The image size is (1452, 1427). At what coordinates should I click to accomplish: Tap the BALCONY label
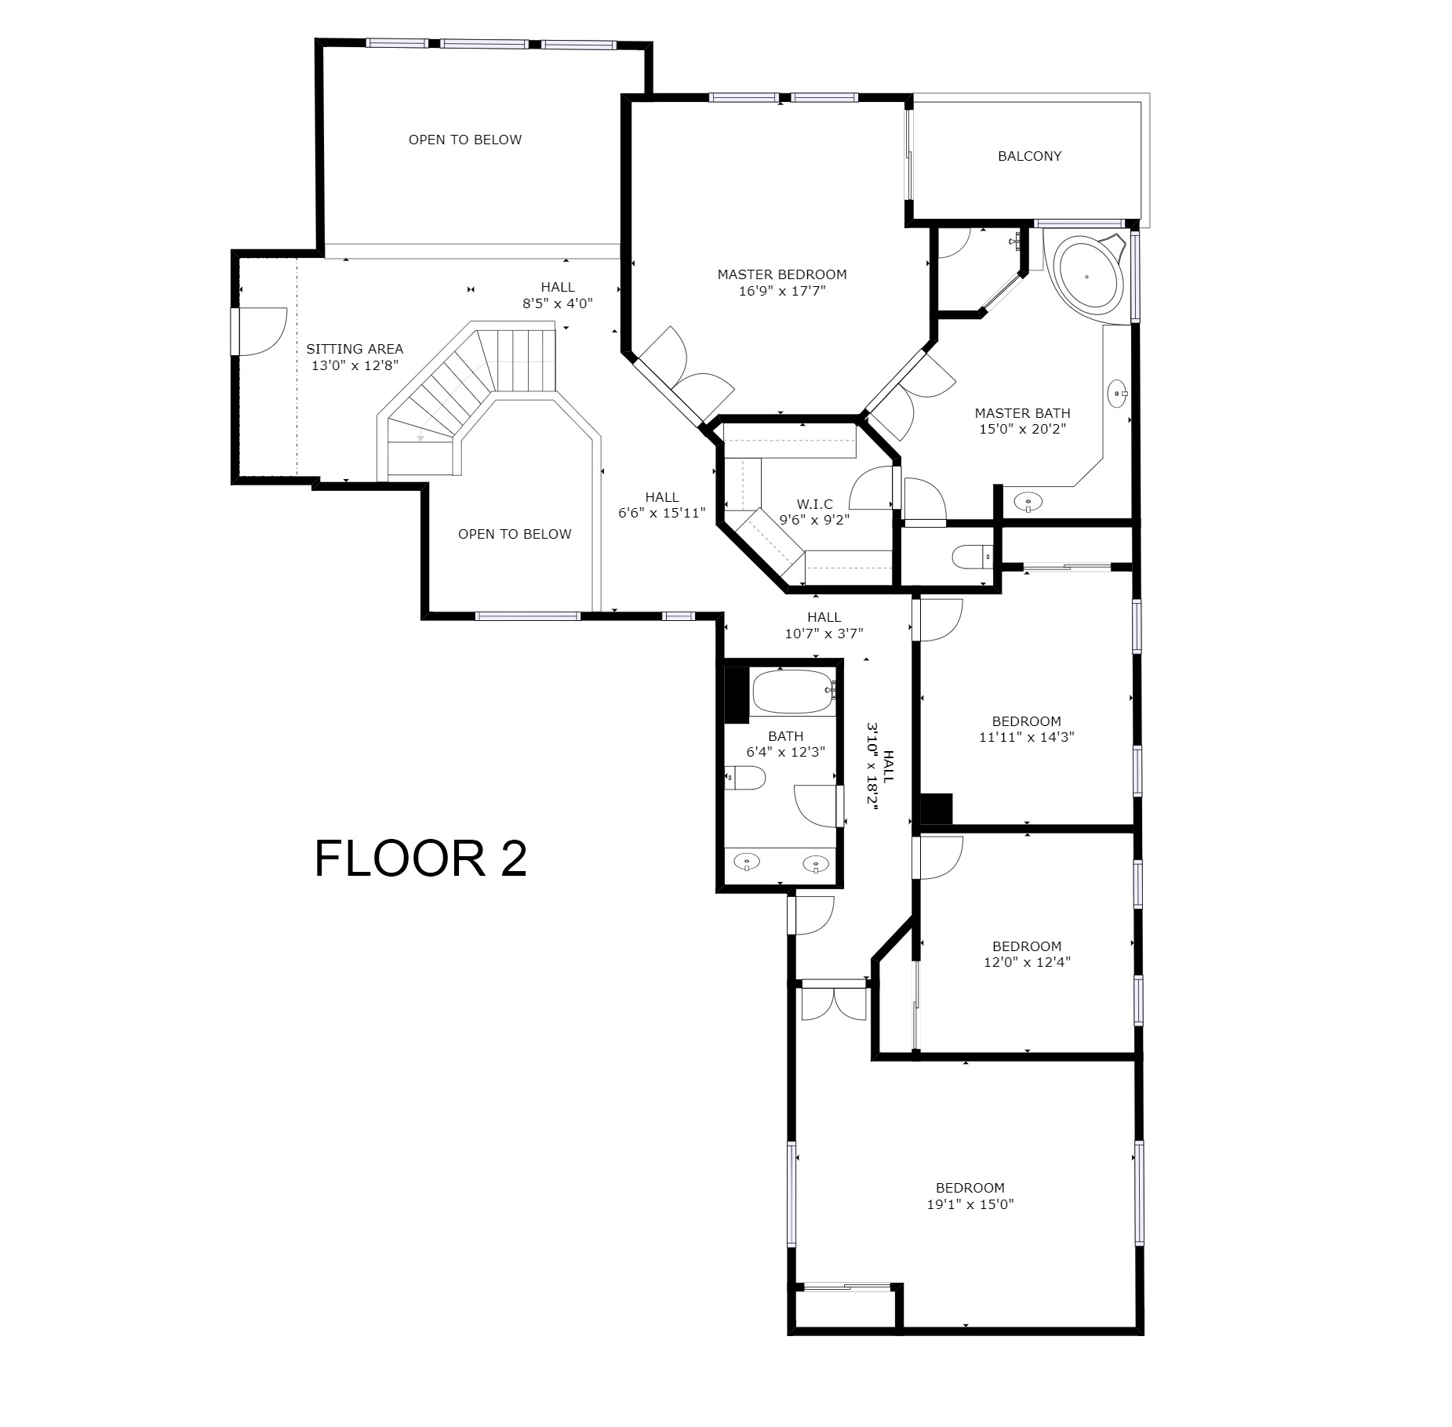1029,156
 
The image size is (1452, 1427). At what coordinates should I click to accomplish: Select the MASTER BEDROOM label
782,274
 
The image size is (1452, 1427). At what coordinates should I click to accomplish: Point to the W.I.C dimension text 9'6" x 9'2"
814,519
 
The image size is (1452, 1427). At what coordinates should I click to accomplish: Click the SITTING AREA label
355,349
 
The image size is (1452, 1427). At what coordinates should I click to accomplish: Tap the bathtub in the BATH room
794,691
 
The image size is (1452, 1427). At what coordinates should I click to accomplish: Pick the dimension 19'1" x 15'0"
970,1204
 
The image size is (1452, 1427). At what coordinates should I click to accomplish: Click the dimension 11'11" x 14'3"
1026,737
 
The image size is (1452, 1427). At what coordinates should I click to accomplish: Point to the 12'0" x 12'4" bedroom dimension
1027,962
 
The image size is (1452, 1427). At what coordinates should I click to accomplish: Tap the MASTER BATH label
1022,413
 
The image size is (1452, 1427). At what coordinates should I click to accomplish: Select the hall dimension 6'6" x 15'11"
662,514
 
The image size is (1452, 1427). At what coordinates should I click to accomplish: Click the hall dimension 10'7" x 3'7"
824,634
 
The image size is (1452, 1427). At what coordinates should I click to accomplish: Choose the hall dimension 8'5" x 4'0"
558,303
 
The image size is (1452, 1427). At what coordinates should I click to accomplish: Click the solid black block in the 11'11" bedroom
936,808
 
